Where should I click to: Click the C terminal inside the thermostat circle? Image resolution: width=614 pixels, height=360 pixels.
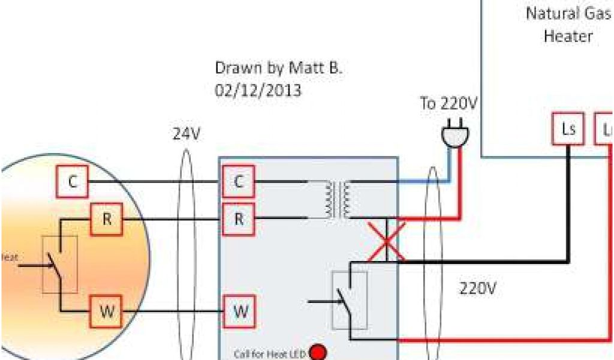coord(73,181)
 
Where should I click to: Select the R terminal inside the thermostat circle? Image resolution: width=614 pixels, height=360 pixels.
coord(107,220)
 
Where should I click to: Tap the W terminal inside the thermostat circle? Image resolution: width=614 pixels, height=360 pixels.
coord(107,312)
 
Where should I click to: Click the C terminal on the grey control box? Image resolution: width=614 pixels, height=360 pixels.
coord(238,181)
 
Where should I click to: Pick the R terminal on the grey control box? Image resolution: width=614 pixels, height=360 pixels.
coord(238,220)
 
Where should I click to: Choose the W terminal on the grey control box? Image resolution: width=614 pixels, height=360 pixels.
coord(240,312)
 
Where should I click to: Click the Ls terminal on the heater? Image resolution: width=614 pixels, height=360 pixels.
coord(568,129)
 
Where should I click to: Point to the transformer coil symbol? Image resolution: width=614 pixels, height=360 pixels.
coord(338,200)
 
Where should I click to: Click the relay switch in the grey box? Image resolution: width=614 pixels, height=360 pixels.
coord(349,300)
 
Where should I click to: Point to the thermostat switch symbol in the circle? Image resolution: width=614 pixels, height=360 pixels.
coord(59,265)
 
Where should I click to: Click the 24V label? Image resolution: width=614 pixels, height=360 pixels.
coord(186,134)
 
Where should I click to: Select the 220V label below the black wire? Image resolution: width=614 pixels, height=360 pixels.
coord(478,289)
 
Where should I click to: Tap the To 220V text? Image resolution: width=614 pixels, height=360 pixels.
coord(449,104)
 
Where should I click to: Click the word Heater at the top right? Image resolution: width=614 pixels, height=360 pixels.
coord(568,36)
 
